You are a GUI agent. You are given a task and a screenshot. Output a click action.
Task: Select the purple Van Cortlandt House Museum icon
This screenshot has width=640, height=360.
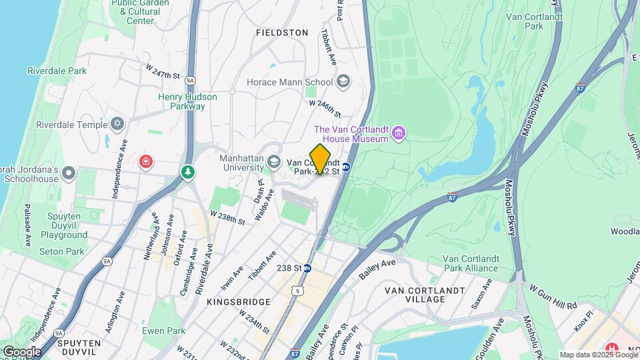(399, 133)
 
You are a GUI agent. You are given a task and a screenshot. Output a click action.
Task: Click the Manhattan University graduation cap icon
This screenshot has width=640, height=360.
(273, 162)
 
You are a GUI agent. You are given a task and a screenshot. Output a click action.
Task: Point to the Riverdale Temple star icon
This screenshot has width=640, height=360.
(118, 125)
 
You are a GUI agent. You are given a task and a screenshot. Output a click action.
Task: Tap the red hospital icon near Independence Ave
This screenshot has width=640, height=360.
(145, 162)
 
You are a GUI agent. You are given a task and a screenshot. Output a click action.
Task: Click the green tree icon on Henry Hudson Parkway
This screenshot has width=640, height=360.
(189, 173)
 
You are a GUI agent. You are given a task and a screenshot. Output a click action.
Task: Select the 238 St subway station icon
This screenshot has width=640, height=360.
(307, 268)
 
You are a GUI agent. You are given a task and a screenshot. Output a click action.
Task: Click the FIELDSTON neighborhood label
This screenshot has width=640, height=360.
(282, 33)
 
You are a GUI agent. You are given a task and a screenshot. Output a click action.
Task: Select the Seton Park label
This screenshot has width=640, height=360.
(62, 251)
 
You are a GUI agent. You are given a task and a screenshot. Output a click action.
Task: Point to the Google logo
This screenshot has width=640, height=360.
(21, 351)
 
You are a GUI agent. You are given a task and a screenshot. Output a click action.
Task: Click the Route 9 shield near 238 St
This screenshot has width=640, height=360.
(296, 291)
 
